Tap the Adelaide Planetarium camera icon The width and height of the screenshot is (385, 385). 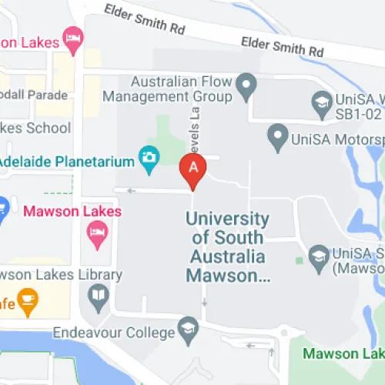[x=148, y=159]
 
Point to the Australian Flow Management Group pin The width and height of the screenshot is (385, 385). [x=246, y=85]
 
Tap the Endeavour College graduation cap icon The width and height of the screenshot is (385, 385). [x=187, y=332]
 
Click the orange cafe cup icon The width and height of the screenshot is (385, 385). [x=28, y=302]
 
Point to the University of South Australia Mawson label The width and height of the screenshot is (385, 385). [x=228, y=246]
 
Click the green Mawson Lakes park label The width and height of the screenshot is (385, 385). [x=342, y=354]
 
